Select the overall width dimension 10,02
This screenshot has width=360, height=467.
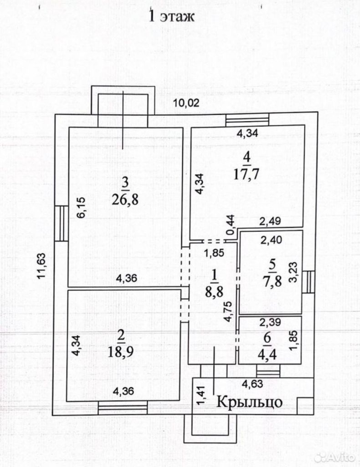click(x=186, y=103)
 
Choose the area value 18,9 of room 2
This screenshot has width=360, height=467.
click(x=121, y=353)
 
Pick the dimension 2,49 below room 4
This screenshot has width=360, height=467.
click(x=270, y=221)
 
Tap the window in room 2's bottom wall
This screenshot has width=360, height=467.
click(x=123, y=407)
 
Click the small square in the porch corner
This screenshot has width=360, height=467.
click(x=303, y=405)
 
